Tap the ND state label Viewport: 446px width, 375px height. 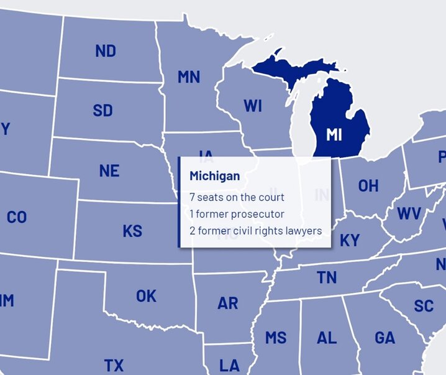click(106, 51)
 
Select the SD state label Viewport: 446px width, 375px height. click(103, 111)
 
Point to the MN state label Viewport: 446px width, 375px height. click(189, 77)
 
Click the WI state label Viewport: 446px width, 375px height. click(252, 106)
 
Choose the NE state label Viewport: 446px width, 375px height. click(109, 171)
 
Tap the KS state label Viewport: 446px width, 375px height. click(132, 231)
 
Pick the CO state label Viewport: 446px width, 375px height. click(17, 218)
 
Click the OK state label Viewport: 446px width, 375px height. click(147, 296)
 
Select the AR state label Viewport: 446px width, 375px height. click(227, 303)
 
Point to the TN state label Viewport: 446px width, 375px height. click(327, 278)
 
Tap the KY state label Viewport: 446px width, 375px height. click(350, 241)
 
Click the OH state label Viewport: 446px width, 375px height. click(368, 186)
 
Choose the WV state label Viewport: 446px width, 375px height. click(409, 214)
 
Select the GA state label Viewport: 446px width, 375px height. click(385, 338)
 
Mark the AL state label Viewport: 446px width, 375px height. click(327, 338)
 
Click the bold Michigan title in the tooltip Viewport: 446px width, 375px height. click(214, 177)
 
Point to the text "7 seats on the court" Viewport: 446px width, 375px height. click(237, 197)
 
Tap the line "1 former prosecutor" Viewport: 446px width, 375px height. click(237, 214)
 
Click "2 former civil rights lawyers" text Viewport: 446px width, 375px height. click(255, 231)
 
